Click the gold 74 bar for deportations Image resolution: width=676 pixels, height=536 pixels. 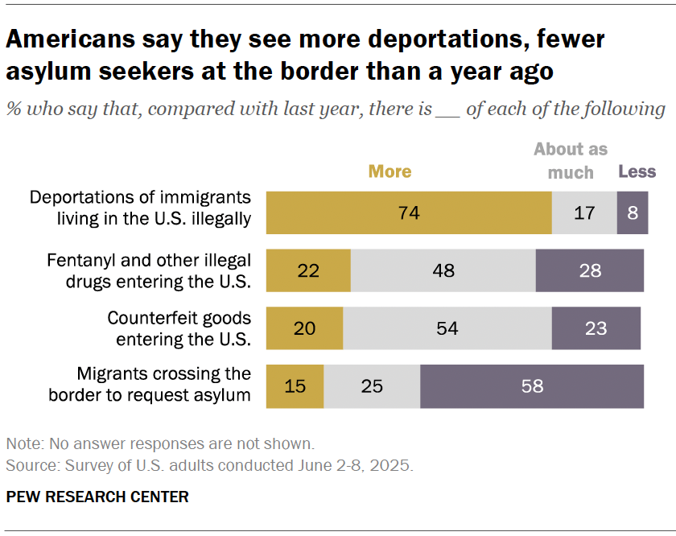click(x=408, y=213)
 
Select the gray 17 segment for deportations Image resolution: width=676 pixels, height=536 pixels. click(x=584, y=213)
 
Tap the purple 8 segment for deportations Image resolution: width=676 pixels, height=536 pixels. click(x=633, y=213)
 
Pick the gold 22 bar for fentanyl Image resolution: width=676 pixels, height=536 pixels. click(x=308, y=270)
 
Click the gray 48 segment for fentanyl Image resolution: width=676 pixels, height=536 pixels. click(x=443, y=270)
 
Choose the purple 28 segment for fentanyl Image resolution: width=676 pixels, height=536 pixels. click(x=590, y=270)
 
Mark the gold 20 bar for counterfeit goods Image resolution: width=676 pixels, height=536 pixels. click(x=304, y=328)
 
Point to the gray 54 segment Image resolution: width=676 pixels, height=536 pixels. click(x=447, y=328)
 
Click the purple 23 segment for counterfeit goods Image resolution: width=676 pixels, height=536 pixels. click(x=596, y=328)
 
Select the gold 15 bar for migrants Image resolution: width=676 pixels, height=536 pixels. click(x=295, y=386)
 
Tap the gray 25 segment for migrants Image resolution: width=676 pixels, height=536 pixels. click(x=372, y=386)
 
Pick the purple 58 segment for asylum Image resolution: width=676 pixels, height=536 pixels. click(x=532, y=386)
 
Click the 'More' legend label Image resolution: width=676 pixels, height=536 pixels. click(x=390, y=171)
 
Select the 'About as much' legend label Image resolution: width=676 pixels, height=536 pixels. click(x=571, y=160)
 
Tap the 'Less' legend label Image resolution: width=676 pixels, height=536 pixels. click(x=637, y=171)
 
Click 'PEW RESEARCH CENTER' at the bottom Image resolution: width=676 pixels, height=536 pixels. click(x=97, y=497)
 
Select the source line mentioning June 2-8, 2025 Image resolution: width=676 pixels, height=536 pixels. click(x=208, y=465)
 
